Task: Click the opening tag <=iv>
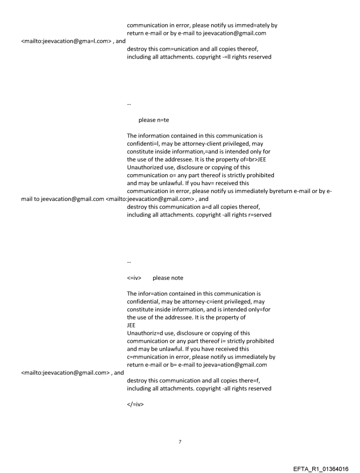point(134,278)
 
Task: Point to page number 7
point(180,442)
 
